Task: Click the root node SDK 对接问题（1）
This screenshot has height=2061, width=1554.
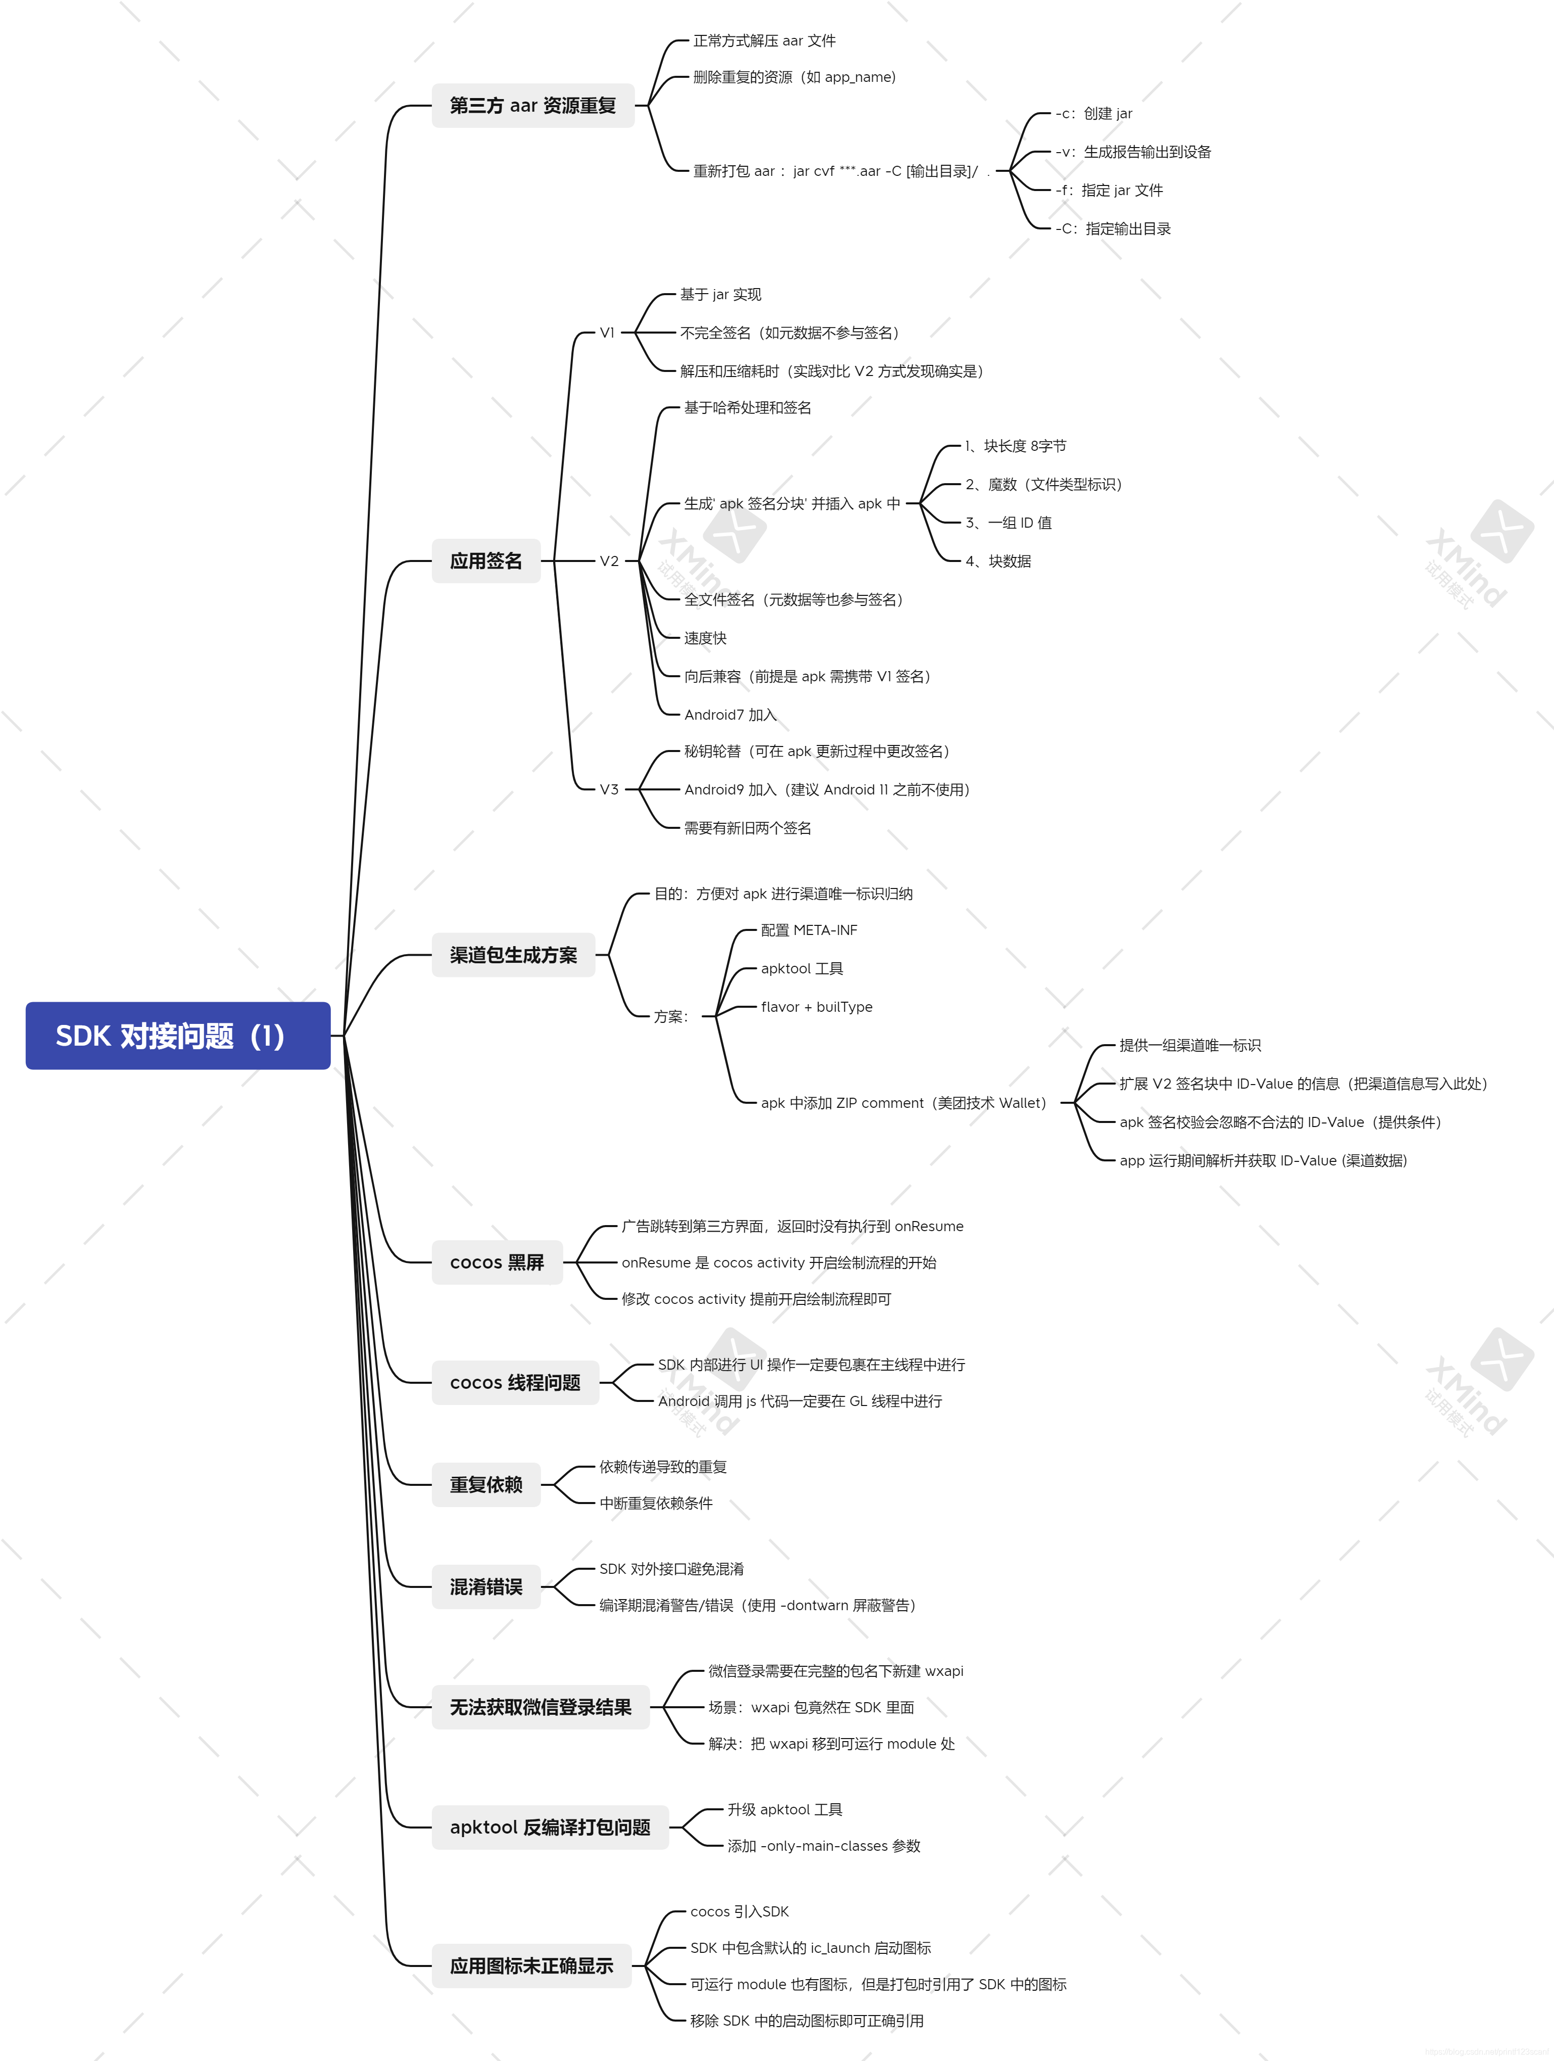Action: tap(177, 1035)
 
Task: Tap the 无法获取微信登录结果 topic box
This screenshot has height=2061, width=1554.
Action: tap(541, 1707)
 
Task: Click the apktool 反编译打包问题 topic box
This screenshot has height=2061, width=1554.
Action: tap(550, 1827)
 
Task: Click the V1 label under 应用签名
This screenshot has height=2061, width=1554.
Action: tap(607, 333)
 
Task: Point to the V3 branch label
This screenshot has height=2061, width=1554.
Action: tap(608, 789)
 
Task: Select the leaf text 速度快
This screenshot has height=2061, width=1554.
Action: tap(705, 638)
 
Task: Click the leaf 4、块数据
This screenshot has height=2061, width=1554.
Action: tap(998, 561)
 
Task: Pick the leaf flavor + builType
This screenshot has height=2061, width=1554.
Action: tap(816, 1007)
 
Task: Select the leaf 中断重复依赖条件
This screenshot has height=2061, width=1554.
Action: tap(656, 1503)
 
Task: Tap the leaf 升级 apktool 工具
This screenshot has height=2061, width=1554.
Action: tap(785, 1809)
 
